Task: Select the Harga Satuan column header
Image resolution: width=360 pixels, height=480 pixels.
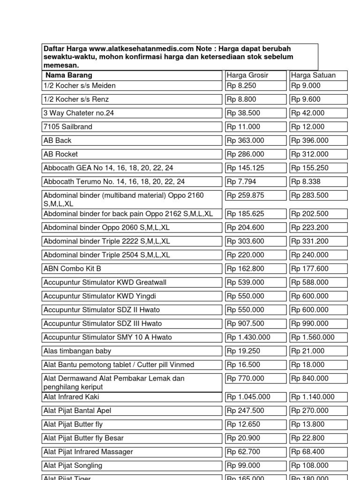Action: (313, 75)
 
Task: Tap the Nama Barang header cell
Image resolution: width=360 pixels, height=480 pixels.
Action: (69, 75)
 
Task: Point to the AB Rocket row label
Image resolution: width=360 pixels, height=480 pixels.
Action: (60, 154)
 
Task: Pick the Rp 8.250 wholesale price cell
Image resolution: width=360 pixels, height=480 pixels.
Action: (241, 86)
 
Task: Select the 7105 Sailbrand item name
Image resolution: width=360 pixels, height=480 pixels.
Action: (68, 127)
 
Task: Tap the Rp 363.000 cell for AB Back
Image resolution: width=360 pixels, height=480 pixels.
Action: (246, 140)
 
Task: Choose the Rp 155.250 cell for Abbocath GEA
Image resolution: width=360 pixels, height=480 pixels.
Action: (309, 168)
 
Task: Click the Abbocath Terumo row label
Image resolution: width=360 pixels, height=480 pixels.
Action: (114, 181)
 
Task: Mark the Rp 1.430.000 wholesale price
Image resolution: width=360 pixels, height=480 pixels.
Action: (249, 337)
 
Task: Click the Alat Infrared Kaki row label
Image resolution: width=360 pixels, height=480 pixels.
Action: (71, 397)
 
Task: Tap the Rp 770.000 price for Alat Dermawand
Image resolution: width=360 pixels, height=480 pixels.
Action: (246, 378)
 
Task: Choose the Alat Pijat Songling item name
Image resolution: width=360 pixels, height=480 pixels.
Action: (73, 465)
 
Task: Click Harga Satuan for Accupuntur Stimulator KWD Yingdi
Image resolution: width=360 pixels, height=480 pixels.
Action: (310, 296)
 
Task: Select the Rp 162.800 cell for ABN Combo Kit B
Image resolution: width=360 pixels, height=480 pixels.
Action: (246, 269)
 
